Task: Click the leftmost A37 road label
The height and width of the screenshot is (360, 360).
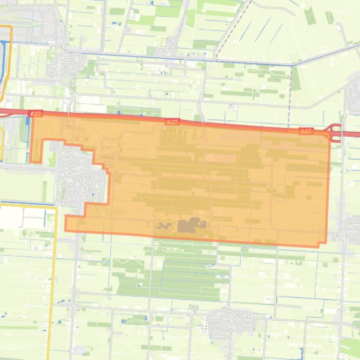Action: click(35, 114)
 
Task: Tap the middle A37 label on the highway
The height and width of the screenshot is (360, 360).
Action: click(173, 122)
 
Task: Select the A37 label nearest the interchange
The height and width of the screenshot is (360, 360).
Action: click(306, 131)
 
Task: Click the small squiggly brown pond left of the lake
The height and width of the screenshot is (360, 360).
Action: click(163, 226)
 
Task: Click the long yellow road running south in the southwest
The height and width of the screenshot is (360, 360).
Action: click(54, 281)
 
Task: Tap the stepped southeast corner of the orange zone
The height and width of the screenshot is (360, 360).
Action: click(322, 244)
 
